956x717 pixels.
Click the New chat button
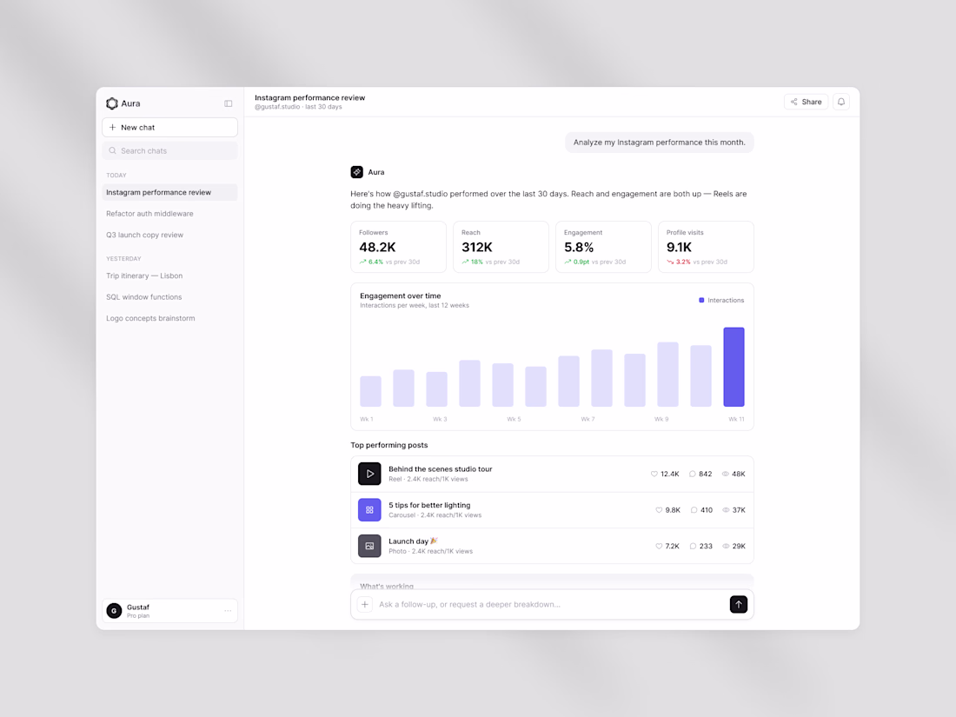point(169,128)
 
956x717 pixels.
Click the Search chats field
point(169,150)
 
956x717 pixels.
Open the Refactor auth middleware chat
point(149,214)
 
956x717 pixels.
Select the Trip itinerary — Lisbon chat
point(144,276)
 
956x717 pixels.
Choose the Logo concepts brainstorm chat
point(150,318)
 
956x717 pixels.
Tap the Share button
point(806,102)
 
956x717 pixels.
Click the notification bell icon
point(841,102)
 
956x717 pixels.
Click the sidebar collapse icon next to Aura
point(228,103)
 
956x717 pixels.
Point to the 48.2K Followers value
point(377,247)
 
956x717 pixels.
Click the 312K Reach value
point(477,247)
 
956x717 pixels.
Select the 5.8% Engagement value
point(579,247)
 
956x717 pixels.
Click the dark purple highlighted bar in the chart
point(734,367)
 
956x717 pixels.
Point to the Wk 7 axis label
point(588,420)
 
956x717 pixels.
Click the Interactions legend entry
point(721,301)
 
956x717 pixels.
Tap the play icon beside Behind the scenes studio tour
point(369,474)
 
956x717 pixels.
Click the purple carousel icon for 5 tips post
point(369,509)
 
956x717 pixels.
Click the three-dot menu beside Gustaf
point(228,611)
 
